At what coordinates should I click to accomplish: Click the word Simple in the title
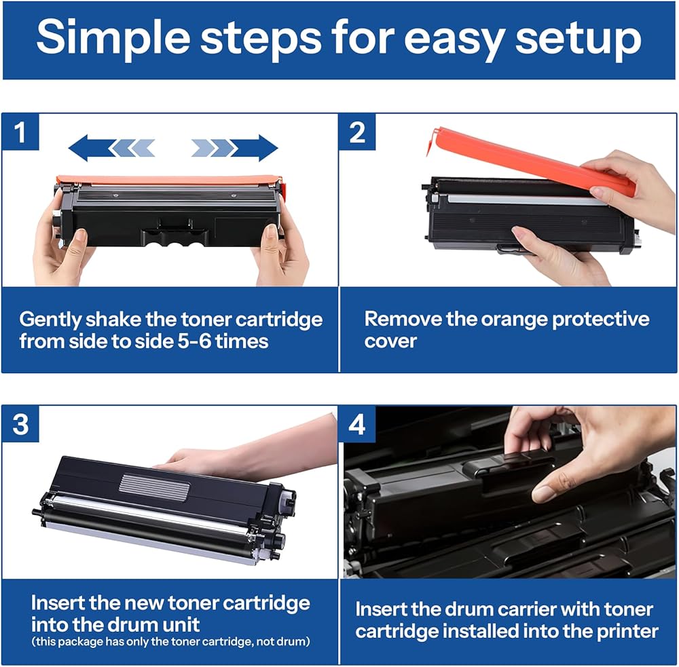pyautogui.click(x=113, y=39)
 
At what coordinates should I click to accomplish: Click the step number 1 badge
pyautogui.click(x=20, y=132)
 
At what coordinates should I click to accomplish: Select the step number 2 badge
pyautogui.click(x=357, y=132)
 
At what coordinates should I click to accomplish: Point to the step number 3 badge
pyautogui.click(x=20, y=424)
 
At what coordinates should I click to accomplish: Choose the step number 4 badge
pyautogui.click(x=357, y=425)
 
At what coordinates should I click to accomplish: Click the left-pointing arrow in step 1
pyautogui.click(x=111, y=148)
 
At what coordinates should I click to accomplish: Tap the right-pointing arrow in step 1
pyautogui.click(x=234, y=148)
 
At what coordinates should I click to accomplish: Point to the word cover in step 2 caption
pyautogui.click(x=390, y=341)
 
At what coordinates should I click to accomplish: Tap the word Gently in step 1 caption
pyautogui.click(x=50, y=320)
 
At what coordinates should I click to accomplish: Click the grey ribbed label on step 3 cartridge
pyautogui.click(x=154, y=487)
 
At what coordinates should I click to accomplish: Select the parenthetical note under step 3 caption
pyautogui.click(x=170, y=642)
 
